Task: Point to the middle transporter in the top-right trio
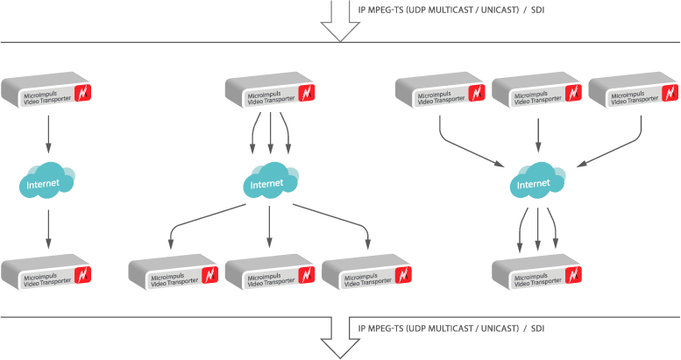[537, 92]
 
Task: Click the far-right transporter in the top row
[634, 92]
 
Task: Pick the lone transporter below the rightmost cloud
[537, 274]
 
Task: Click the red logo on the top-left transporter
[84, 93]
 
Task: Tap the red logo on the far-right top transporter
[670, 92]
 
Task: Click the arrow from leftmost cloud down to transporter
[47, 229]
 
